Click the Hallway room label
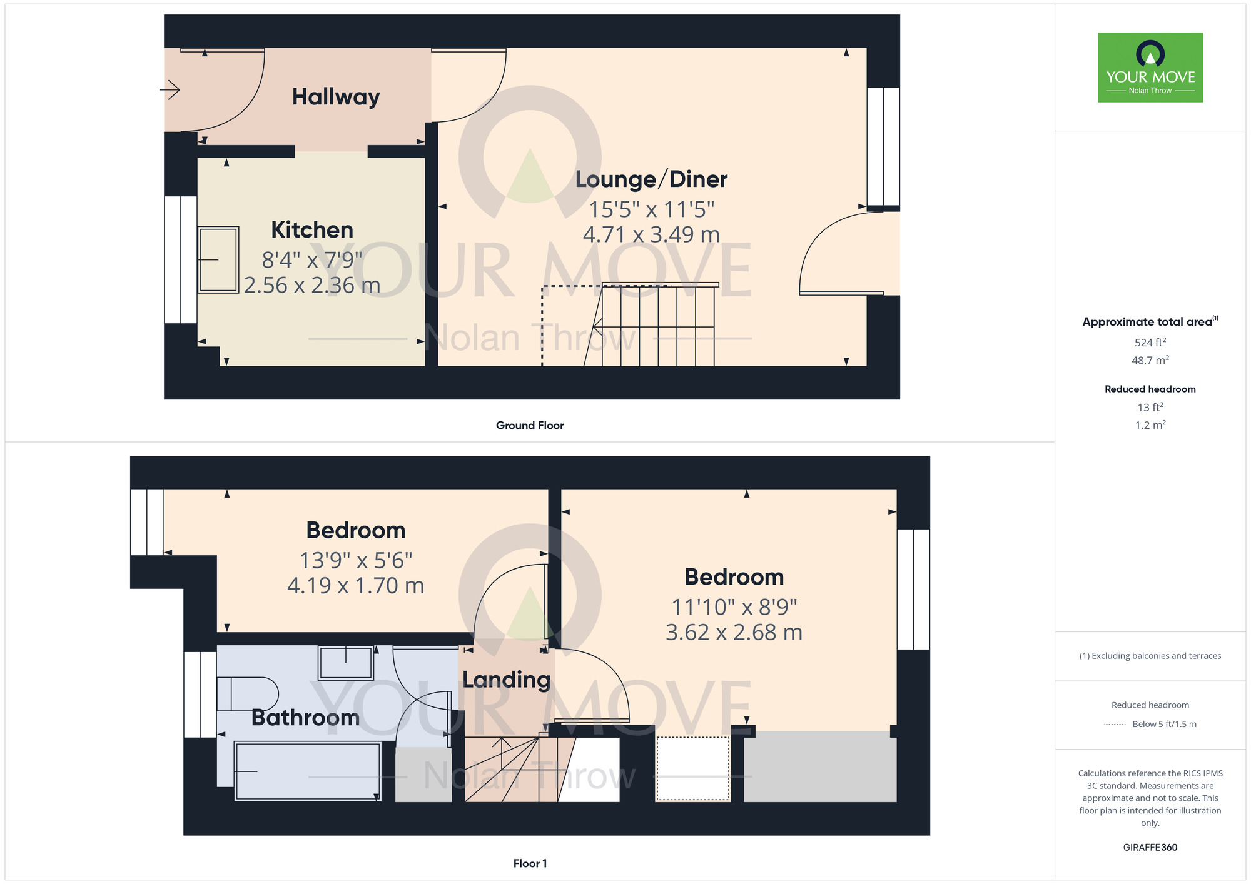[336, 97]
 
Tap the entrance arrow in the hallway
[170, 90]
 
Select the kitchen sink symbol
[218, 259]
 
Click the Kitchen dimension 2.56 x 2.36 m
[312, 286]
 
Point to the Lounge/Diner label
[651, 179]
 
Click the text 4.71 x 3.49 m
[651, 235]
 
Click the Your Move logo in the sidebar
[1150, 68]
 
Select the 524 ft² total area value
[1150, 343]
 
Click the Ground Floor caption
[530, 426]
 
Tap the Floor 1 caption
[530, 863]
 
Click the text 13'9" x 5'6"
[355, 561]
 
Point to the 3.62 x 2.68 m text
[734, 633]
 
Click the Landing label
[506, 680]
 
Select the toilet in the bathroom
[247, 694]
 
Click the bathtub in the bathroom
[307, 771]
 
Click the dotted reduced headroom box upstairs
[692, 769]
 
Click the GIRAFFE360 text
[1150, 848]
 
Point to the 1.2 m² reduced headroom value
[1150, 425]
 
